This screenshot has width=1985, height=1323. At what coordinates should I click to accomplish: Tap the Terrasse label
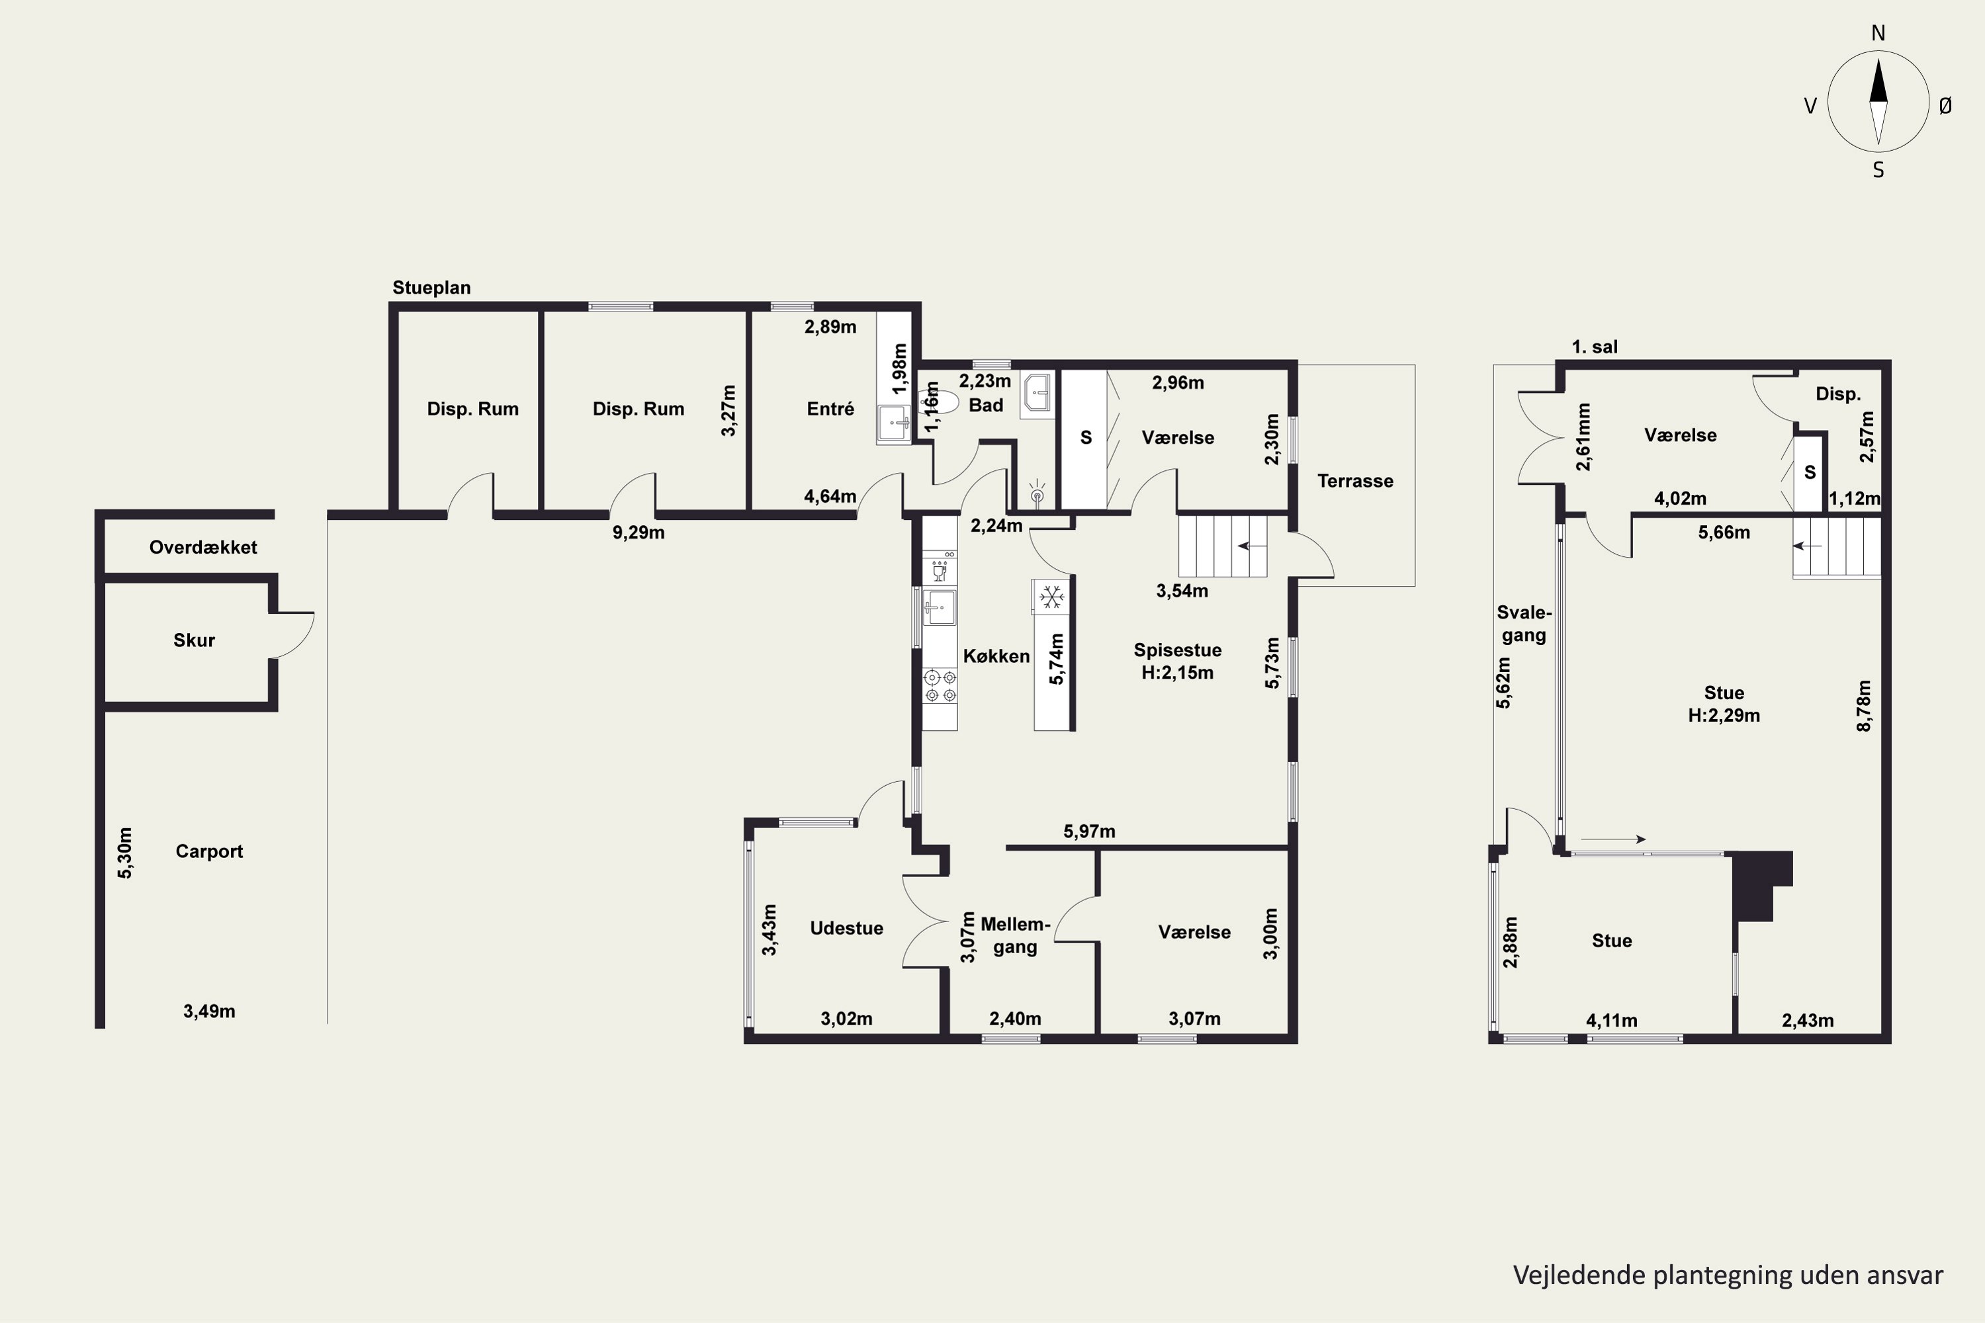pos(1355,481)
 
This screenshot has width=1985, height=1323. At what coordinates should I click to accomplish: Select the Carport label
pos(209,851)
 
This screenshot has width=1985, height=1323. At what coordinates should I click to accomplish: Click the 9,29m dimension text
pos(638,533)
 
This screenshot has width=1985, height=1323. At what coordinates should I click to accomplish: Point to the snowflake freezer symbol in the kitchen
pos(1051,598)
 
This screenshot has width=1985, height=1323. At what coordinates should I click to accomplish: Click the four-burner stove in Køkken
pos(940,685)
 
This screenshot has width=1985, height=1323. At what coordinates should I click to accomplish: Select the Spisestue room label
pos(1177,650)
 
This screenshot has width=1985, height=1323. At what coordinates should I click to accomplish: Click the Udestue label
pos(846,928)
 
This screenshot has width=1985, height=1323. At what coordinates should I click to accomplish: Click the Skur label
pos(194,640)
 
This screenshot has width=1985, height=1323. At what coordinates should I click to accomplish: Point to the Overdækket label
pos(203,547)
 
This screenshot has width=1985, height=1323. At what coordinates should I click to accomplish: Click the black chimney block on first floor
pos(1762,886)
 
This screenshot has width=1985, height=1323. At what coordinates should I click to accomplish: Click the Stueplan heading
pos(431,288)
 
